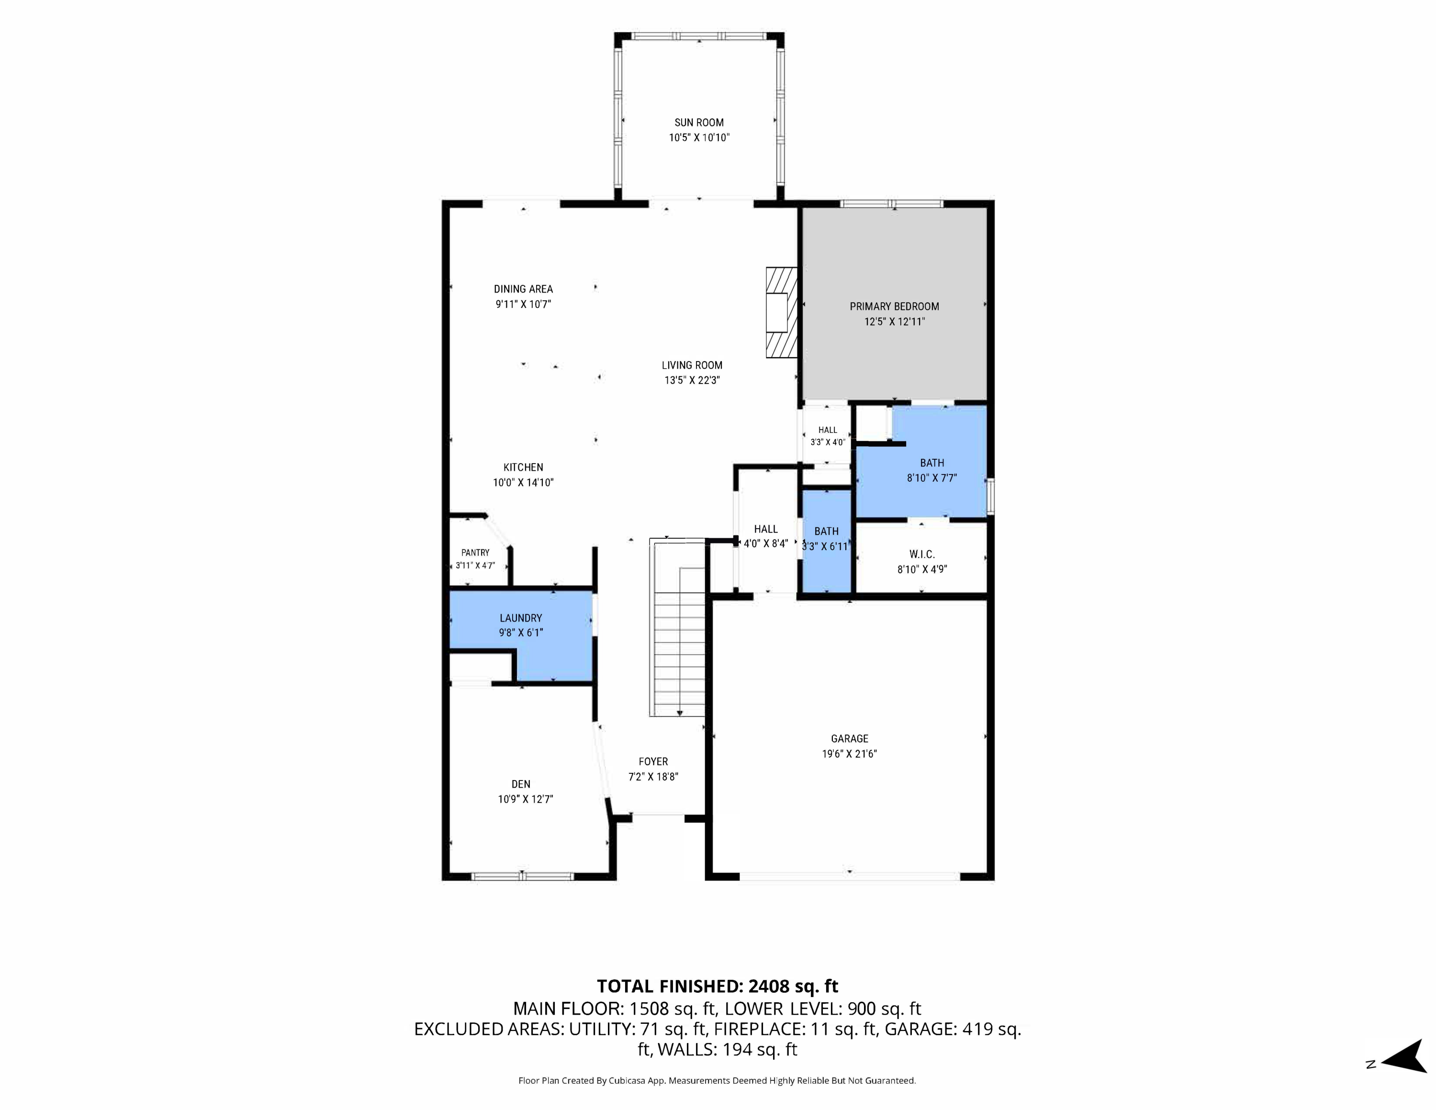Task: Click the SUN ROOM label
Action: tap(699, 122)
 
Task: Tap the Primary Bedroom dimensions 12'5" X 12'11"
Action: tap(894, 322)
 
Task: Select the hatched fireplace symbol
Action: tap(781, 312)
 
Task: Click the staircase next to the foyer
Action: tap(677, 627)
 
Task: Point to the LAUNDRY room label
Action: tap(521, 618)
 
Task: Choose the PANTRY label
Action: tap(475, 553)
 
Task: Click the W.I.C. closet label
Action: tap(922, 555)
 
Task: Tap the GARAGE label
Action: tap(850, 738)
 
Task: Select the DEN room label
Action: tap(521, 784)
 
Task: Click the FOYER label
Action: tap(653, 761)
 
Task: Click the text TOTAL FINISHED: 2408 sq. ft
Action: tap(718, 986)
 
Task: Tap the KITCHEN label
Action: tap(523, 467)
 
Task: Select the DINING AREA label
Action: tap(523, 289)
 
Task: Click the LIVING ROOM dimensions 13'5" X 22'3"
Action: tap(692, 380)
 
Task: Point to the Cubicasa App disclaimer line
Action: tap(717, 1080)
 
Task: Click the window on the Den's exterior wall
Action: tap(523, 876)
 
